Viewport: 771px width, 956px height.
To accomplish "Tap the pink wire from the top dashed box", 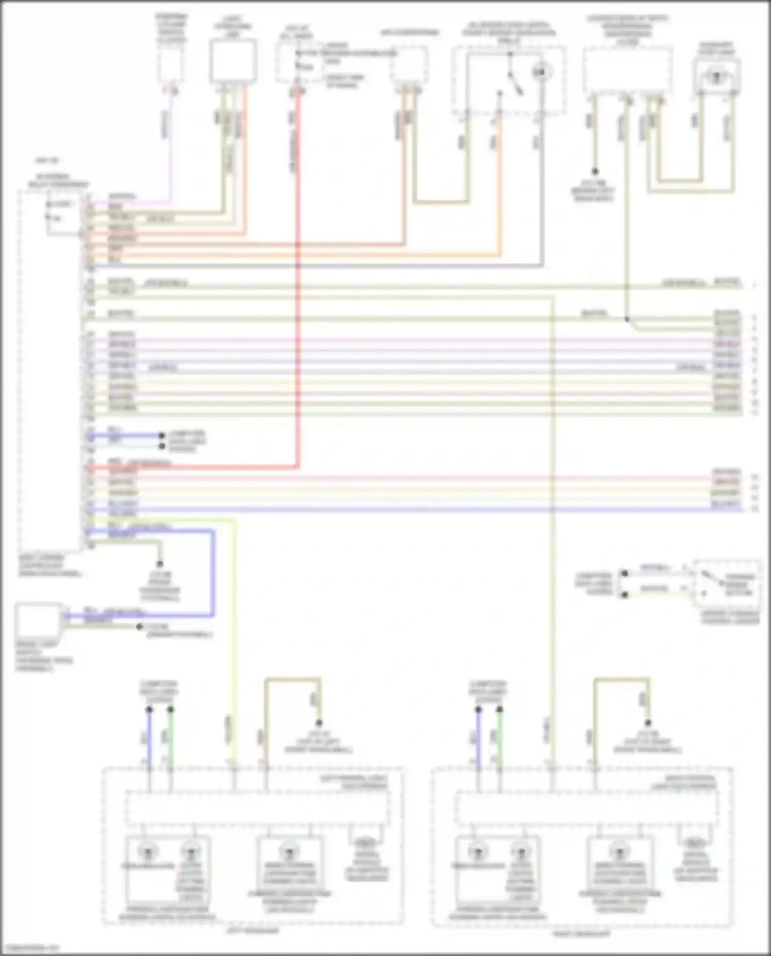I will click(172, 149).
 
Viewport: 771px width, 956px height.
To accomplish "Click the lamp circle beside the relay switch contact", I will click(539, 72).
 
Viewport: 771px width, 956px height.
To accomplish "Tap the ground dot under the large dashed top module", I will click(595, 172).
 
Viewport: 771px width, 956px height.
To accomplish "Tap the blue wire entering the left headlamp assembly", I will click(149, 740).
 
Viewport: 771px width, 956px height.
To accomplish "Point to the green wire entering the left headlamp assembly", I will click(171, 740).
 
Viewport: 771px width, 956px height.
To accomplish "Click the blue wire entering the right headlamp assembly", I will click(478, 740).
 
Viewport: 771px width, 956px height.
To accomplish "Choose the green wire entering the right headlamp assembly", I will click(500, 740).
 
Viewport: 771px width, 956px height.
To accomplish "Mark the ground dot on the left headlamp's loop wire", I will click(319, 723).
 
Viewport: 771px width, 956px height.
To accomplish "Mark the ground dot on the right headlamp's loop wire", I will click(648, 723).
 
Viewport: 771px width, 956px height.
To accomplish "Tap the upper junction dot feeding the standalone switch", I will click(625, 573).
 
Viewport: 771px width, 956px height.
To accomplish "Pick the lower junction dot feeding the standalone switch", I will click(625, 595).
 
